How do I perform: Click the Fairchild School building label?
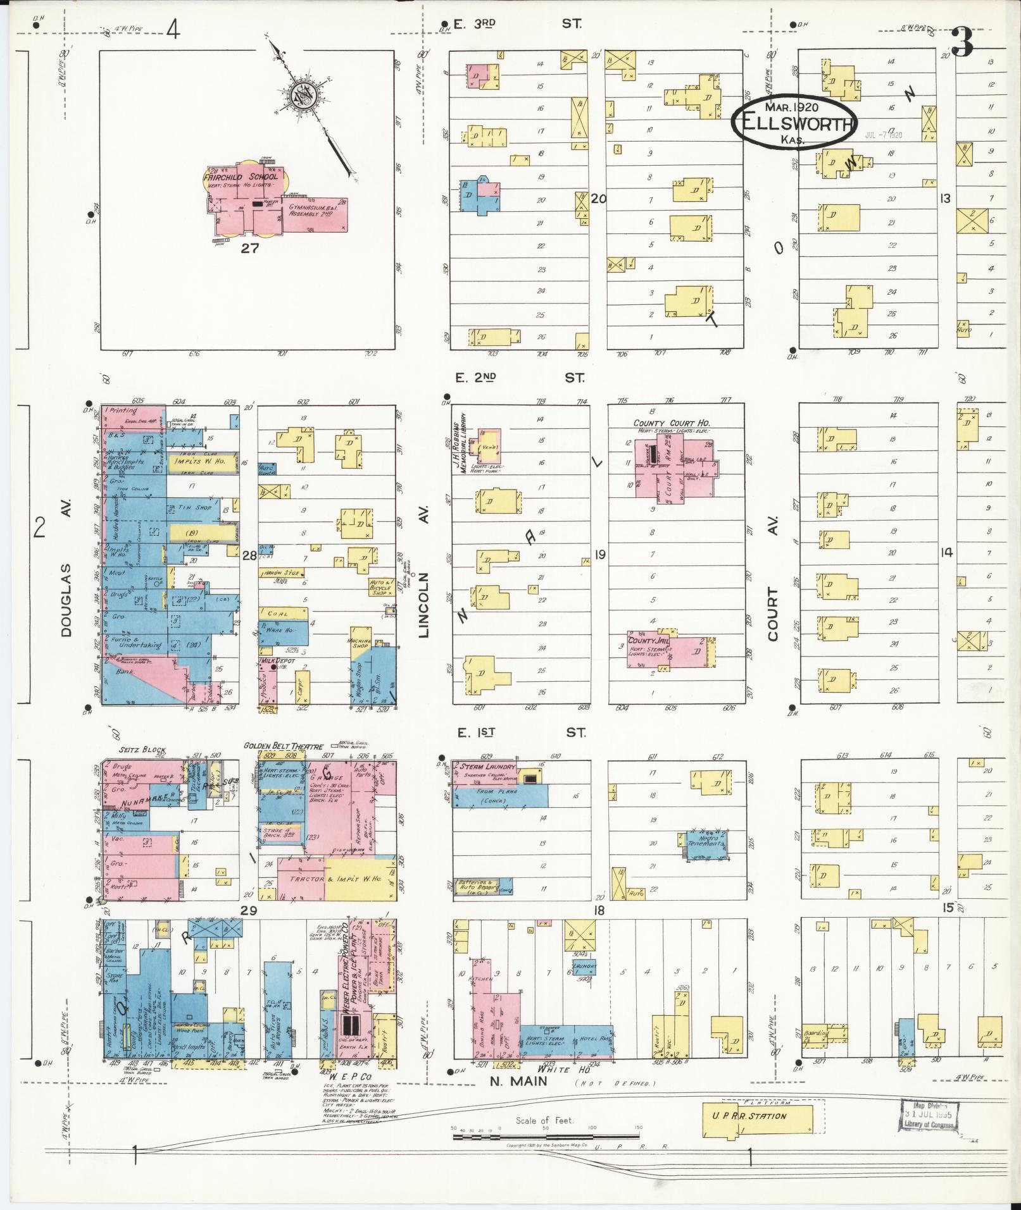tap(241, 177)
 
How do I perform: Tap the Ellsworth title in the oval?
tap(795, 123)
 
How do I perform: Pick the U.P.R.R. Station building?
tap(757, 1116)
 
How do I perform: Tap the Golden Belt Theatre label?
tap(284, 746)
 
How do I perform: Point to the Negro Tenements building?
tap(706, 840)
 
